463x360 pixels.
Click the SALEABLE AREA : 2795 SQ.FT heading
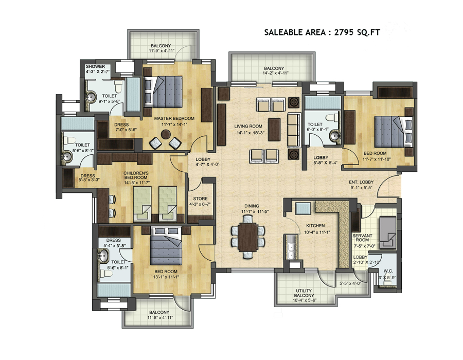click(322, 32)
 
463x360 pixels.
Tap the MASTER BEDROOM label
click(174, 118)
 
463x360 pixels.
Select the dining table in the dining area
click(248, 237)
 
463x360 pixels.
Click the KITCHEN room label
click(315, 225)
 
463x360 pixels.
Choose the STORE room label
click(200, 199)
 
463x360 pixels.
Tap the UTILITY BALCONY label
click(304, 293)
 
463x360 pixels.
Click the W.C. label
click(388, 271)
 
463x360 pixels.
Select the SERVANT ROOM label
click(362, 238)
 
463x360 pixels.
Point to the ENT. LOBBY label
click(361, 182)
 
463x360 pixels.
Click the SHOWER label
click(95, 66)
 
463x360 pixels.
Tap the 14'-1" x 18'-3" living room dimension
click(251, 133)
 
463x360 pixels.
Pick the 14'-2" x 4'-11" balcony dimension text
click(276, 73)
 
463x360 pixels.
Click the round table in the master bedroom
click(165, 134)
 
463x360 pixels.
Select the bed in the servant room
click(387, 232)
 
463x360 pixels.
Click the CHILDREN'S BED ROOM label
click(136, 175)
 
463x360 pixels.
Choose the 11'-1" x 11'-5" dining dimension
click(255, 211)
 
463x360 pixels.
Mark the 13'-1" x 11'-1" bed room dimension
click(166, 277)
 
